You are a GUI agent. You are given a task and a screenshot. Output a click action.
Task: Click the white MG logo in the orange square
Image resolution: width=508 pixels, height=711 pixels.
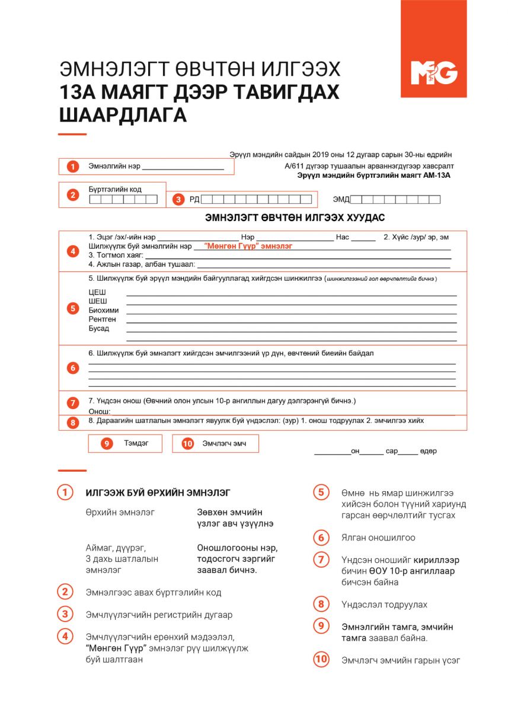(x=434, y=74)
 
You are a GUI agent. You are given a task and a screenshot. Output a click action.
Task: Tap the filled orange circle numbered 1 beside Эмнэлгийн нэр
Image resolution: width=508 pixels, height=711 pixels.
(x=73, y=166)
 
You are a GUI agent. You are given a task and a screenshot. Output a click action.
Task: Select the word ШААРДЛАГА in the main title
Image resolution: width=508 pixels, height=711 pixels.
(x=123, y=114)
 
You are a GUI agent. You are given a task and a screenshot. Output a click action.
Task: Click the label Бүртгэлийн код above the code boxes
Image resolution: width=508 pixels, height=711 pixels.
(x=115, y=190)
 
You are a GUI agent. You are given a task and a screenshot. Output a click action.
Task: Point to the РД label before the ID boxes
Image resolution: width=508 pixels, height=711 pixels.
(x=194, y=200)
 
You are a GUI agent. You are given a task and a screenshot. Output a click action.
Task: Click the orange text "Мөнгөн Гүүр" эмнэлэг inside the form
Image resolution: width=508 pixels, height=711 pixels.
(x=248, y=245)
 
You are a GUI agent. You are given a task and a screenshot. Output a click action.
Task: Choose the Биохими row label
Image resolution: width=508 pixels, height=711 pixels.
(x=104, y=310)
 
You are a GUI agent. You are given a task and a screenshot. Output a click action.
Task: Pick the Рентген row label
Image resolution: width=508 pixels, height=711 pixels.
(x=103, y=319)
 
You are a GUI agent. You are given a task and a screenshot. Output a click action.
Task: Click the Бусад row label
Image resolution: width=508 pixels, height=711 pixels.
(x=99, y=329)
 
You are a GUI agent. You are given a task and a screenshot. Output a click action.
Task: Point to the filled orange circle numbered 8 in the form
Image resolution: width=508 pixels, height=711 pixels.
(x=73, y=422)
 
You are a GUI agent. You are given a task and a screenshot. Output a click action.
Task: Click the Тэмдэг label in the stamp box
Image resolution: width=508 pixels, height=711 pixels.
(x=136, y=443)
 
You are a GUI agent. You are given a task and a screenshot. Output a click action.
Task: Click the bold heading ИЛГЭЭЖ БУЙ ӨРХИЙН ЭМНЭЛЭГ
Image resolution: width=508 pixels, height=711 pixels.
(x=158, y=492)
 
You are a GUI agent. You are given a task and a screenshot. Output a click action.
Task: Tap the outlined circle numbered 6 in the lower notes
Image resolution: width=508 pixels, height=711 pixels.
(x=321, y=537)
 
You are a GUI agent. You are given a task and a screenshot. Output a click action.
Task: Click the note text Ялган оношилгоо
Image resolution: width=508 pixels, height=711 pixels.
(x=378, y=537)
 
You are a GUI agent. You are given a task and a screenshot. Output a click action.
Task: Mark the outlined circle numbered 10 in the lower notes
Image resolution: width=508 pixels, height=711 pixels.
(x=321, y=659)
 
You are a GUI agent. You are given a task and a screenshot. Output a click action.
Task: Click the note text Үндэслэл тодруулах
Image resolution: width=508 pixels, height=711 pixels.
(x=384, y=604)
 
